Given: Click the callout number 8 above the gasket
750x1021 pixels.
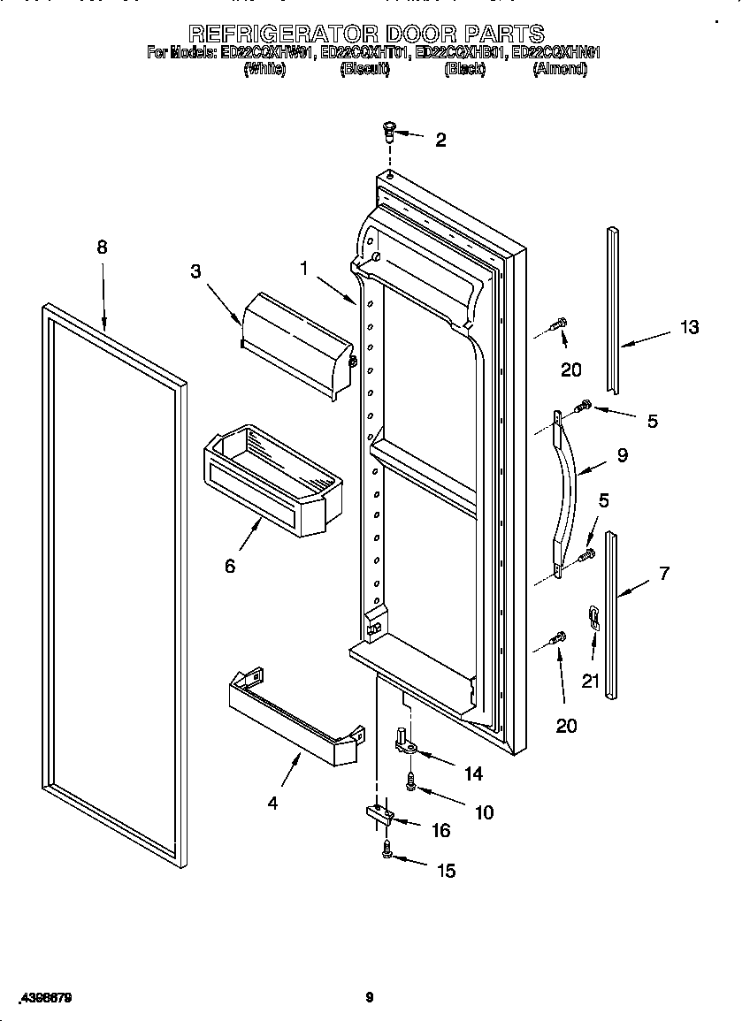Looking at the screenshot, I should (102, 248).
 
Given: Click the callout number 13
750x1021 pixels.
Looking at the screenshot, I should (689, 327).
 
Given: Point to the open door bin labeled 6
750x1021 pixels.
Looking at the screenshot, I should (271, 477).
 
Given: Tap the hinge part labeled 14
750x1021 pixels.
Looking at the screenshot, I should (407, 743).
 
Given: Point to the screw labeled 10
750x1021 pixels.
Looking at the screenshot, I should (411, 781).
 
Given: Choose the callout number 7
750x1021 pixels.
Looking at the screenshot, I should (663, 573).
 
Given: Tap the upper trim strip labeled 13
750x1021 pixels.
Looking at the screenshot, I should (612, 309).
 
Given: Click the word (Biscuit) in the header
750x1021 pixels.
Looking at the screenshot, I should (364, 69).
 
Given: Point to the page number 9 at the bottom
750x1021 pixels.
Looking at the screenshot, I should (370, 997).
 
